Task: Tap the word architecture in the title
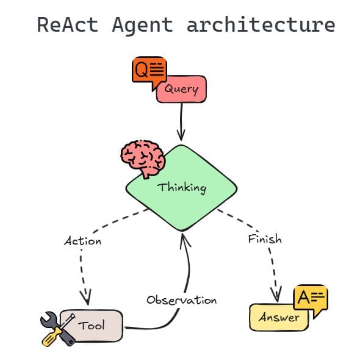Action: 261,25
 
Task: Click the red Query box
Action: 181,90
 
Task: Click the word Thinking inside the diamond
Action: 181,187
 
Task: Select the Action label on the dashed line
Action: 82,241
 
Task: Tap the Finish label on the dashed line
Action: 265,238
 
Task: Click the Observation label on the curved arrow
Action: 181,300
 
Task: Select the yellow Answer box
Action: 279,318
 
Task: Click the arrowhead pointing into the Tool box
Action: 85,299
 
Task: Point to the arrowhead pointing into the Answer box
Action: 276,295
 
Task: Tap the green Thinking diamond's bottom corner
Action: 181,229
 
